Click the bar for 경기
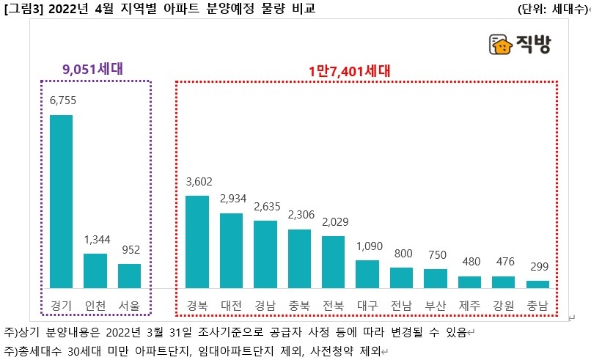[x=61, y=201]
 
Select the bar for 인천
[x=95, y=271]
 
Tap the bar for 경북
[x=197, y=242]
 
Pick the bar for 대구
[x=367, y=273]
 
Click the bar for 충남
[x=537, y=284]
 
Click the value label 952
[x=130, y=250]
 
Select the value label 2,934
[x=231, y=199]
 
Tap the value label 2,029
[x=333, y=222]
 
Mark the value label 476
[x=504, y=262]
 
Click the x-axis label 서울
[x=130, y=304]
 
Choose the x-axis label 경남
[x=265, y=304]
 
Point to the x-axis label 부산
[x=436, y=304]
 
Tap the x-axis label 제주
[x=469, y=304]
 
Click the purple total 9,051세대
[x=92, y=69]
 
